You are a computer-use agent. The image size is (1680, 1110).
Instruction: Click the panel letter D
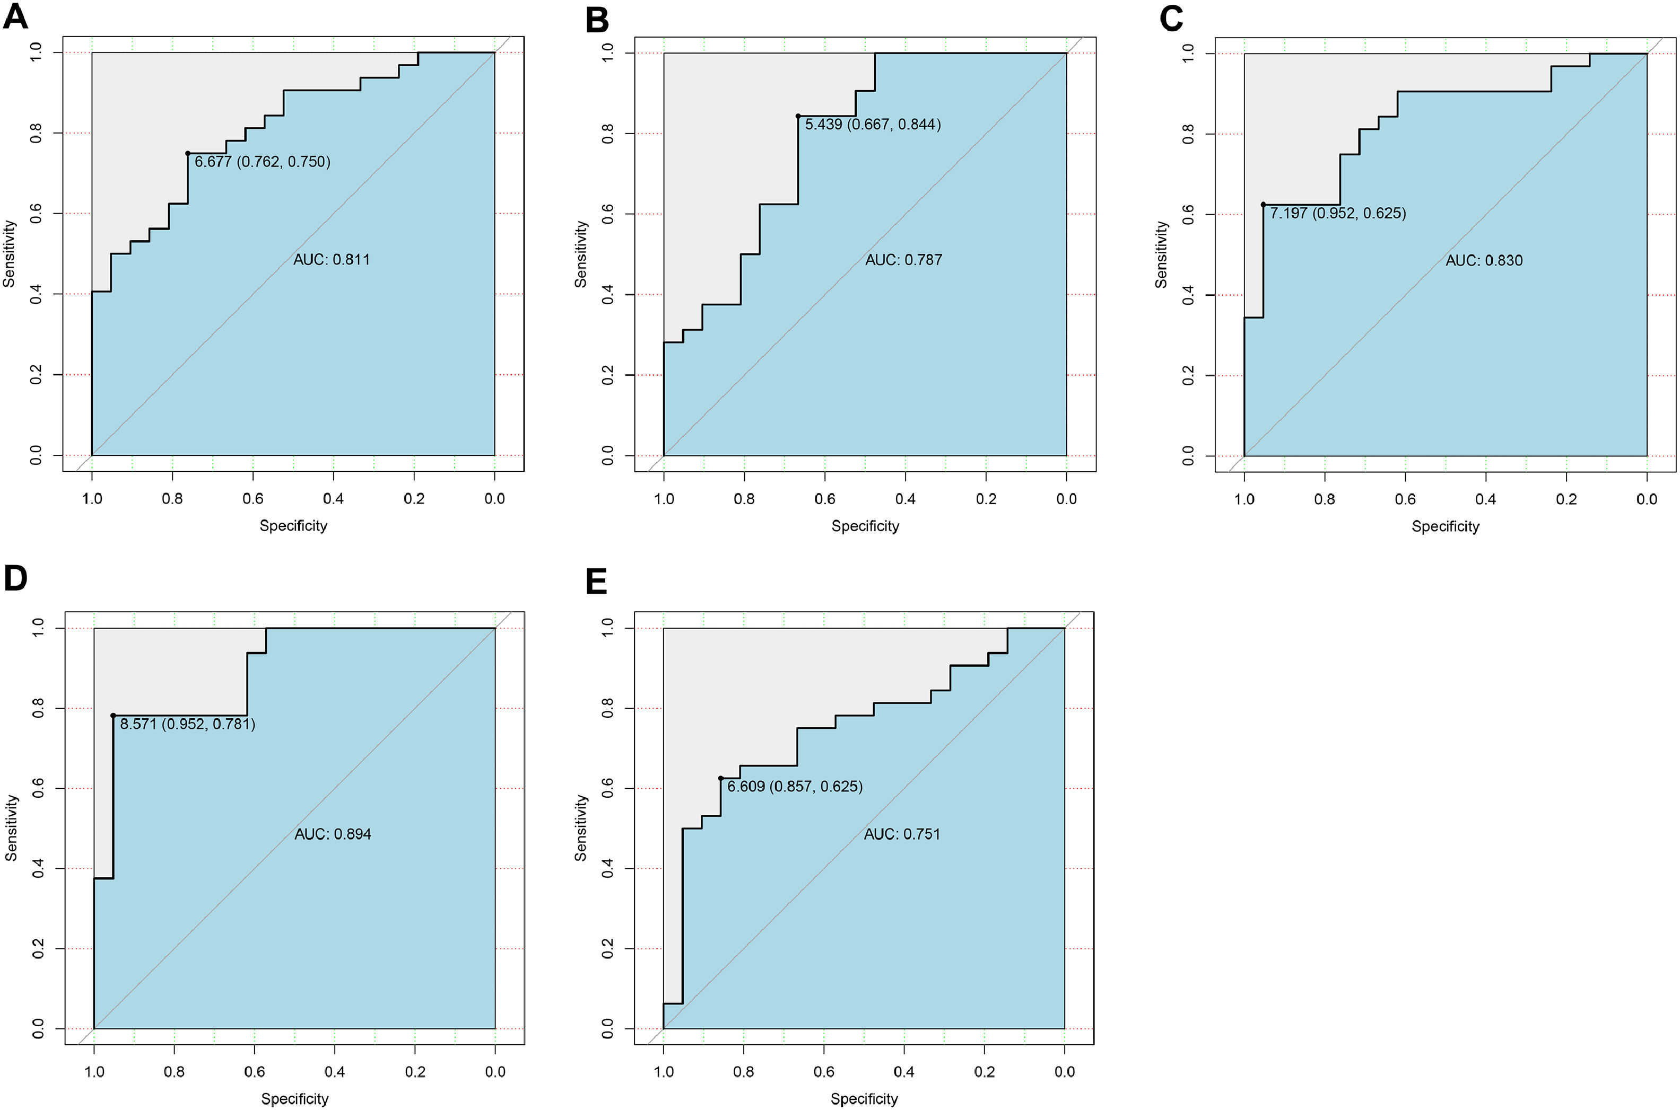tap(15, 578)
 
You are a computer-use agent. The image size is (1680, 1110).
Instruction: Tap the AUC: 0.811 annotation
tap(332, 260)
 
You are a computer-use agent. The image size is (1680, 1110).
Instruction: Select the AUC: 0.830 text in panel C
tap(1484, 260)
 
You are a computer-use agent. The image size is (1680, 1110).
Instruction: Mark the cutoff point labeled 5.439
tap(798, 116)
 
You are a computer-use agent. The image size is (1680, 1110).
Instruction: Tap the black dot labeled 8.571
tap(114, 716)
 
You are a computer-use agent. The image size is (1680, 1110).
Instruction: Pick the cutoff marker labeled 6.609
tap(721, 778)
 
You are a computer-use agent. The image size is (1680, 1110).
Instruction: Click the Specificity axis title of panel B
tap(865, 526)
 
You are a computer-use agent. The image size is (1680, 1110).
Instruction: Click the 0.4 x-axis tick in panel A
tap(334, 499)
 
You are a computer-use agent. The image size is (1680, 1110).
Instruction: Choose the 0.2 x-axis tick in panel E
tap(985, 1072)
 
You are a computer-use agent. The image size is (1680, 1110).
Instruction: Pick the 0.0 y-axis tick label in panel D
tap(38, 1028)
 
